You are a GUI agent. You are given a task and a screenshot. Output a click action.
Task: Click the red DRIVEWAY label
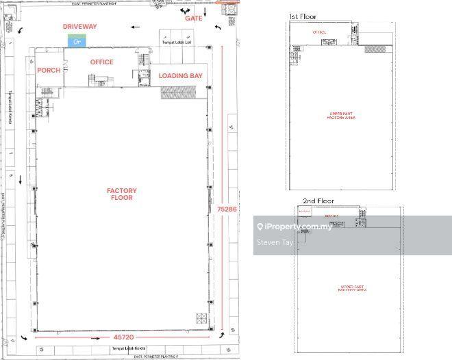[80, 26]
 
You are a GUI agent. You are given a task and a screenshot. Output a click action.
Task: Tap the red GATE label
[194, 18]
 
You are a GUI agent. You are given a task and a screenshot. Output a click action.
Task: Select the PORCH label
[49, 70]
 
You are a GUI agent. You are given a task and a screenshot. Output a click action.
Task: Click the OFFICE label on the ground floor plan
[102, 62]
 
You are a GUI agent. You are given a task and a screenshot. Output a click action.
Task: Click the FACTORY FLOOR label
[121, 194]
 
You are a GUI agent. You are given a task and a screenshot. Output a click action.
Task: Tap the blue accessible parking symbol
[77, 42]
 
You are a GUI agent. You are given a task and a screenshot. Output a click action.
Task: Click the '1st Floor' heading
[302, 15]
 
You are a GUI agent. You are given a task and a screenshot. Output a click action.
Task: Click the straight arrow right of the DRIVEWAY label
[136, 27]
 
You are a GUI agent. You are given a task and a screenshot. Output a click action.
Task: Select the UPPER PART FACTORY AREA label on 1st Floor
[342, 116]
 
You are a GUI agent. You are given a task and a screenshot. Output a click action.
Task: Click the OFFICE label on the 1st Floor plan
[319, 31]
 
